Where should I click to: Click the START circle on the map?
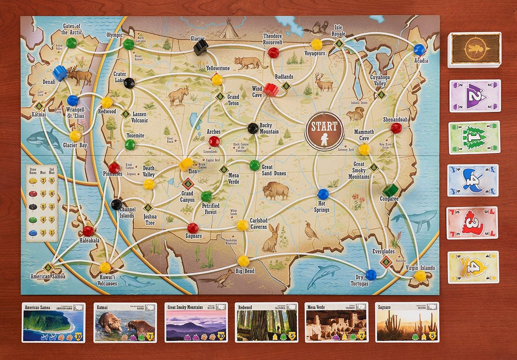click(324, 130)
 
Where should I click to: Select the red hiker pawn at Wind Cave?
click(270, 89)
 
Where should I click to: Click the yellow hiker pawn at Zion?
click(186, 164)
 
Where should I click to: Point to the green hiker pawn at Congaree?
click(390, 190)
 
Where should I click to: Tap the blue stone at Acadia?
click(419, 50)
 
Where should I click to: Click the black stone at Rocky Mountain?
click(253, 128)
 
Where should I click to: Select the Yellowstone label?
click(218, 68)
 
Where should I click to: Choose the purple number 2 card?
click(475, 96)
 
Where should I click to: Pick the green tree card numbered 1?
click(474, 137)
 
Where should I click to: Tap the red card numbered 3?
click(472, 223)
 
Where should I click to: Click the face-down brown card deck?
click(474, 49)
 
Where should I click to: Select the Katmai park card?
click(125, 323)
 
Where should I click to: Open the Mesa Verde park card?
click(336, 323)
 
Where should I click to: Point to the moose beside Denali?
click(80, 76)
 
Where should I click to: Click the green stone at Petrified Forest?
click(207, 196)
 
